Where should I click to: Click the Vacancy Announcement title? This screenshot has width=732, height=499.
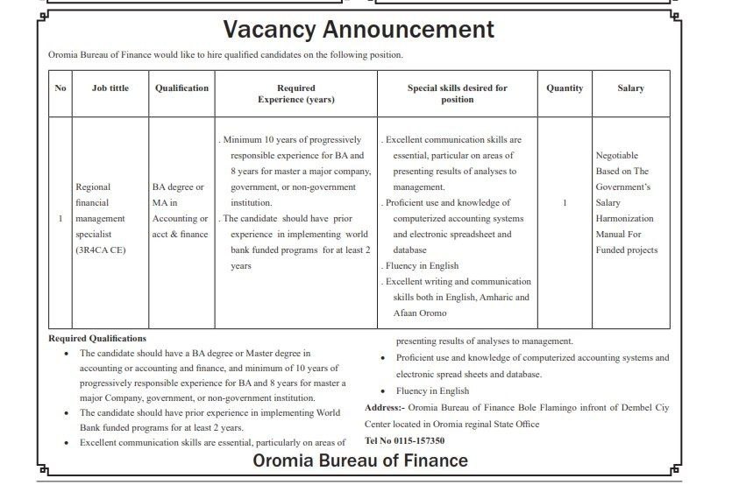359,30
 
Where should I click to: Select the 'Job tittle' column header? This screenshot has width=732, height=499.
110,88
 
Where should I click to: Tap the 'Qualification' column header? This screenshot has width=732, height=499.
181,88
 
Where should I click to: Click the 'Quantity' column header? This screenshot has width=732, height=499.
565,88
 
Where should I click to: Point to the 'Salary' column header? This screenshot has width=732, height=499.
630,88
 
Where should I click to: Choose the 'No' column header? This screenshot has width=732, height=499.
60,88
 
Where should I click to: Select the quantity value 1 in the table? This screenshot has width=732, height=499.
565,203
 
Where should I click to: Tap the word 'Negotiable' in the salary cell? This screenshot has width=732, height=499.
617,156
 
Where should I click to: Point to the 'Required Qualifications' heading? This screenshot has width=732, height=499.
97,338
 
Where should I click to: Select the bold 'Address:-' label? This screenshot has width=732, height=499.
385,408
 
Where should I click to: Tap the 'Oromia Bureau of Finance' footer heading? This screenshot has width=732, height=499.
360,460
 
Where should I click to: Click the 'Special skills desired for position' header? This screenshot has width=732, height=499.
457,94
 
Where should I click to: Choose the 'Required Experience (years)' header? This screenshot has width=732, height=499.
295,94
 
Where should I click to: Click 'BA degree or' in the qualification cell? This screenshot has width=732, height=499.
178,187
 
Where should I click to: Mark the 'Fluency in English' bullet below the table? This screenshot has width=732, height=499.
432,391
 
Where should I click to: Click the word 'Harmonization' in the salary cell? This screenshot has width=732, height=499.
625,219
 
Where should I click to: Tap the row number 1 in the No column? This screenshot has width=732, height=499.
60,219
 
